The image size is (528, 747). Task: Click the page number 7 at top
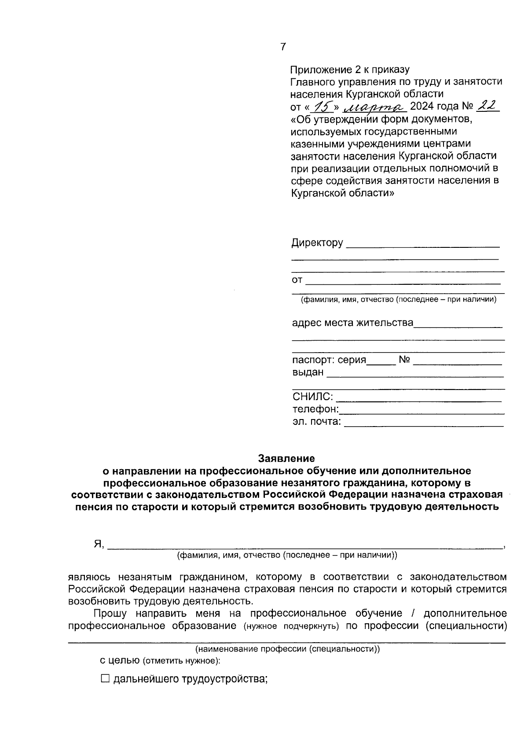point(283,47)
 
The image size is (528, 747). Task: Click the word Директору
point(317,243)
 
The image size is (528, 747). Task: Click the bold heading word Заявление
point(286,458)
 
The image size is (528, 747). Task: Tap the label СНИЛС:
point(312,397)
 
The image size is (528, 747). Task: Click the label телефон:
point(315,409)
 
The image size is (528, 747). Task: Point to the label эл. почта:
point(316,422)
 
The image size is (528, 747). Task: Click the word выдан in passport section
point(308,372)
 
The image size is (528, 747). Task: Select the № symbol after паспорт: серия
point(404,360)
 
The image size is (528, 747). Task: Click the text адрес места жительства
point(352,323)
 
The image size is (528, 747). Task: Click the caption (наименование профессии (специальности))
point(287,649)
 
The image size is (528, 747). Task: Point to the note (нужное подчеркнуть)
point(291,626)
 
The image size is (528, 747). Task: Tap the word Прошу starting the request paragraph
point(110,613)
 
